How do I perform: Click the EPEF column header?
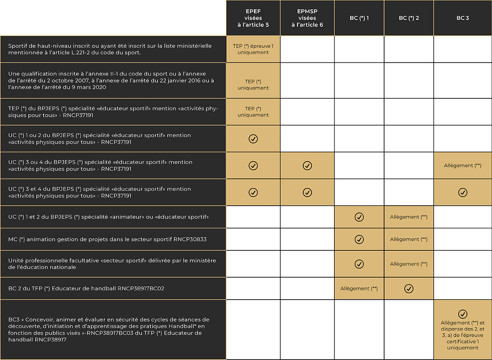coord(253,18)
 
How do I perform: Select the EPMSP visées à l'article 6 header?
coord(307,18)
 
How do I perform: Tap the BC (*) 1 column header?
coord(359,18)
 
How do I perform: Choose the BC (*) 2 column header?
coord(409,18)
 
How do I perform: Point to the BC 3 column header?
coord(462,18)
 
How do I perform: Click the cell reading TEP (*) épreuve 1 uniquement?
coord(253,49)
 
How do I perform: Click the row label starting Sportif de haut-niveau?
coord(110,49)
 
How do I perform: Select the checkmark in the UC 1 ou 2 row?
coord(253,139)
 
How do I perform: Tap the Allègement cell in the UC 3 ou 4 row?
coord(462,165)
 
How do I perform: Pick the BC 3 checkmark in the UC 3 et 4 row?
coord(462,192)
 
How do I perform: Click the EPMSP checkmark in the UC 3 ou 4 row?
coord(307,165)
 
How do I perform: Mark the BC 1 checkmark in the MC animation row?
coord(359,239)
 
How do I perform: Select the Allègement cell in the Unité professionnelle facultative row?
coord(409,264)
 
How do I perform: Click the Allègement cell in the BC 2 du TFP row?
coord(359,288)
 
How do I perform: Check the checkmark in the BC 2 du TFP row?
coord(409,288)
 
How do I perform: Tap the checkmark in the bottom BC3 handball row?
coord(462,314)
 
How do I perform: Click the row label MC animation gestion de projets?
coord(107,239)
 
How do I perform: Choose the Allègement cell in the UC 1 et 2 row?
coord(409,217)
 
